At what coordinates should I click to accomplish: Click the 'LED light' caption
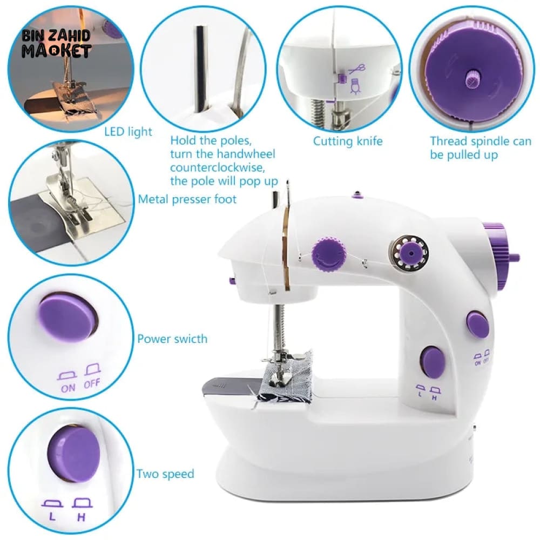[x=128, y=132]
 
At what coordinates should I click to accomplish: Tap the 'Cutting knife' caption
[x=348, y=141]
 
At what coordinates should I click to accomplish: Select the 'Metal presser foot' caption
[x=187, y=199]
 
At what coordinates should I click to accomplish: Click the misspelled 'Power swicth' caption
[x=172, y=339]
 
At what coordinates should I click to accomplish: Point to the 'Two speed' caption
[x=165, y=474]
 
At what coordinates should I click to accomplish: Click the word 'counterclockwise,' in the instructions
[x=218, y=168]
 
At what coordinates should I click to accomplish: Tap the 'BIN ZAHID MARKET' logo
[x=57, y=44]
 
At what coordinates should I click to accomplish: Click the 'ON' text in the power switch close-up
[x=68, y=388]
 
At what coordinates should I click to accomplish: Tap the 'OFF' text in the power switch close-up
[x=92, y=383]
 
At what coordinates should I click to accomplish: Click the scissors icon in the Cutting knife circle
[x=357, y=69]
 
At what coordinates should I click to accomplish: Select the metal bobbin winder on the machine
[x=409, y=253]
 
